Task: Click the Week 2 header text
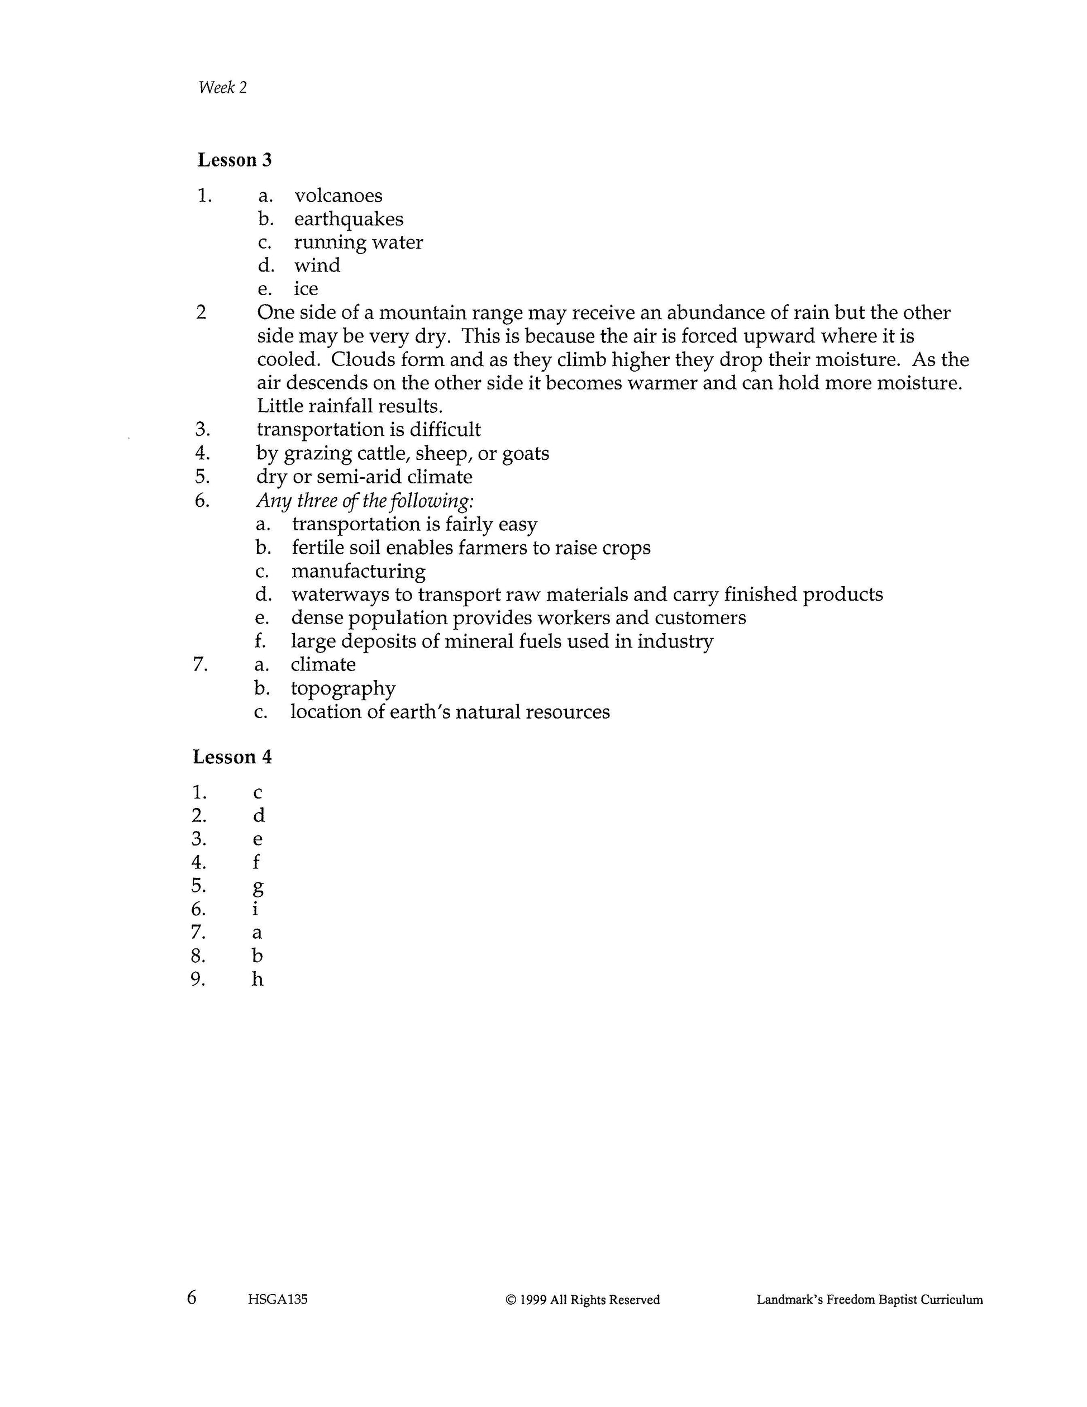point(222,88)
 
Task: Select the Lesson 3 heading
point(235,160)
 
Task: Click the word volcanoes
point(338,195)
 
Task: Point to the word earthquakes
point(349,219)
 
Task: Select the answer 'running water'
point(358,243)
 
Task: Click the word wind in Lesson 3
point(317,265)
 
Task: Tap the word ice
point(306,289)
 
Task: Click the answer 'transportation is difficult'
point(368,430)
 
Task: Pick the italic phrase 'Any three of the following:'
point(365,501)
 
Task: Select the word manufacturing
point(358,572)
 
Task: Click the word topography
point(342,688)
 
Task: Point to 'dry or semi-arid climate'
point(364,477)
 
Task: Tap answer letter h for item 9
point(258,979)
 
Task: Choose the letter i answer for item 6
point(256,909)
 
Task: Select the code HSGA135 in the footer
point(277,1299)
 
